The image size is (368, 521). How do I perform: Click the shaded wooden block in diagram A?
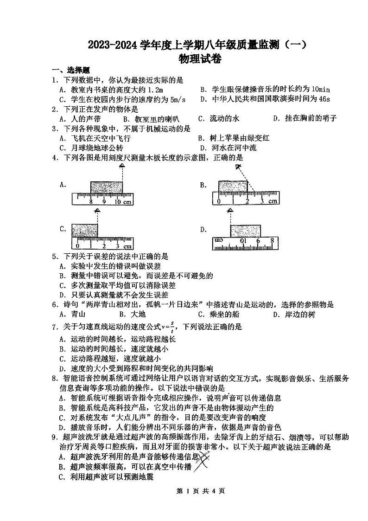pos(107,187)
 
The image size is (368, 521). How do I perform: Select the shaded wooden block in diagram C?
pos(85,231)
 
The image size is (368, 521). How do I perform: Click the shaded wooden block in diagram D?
pos(246,231)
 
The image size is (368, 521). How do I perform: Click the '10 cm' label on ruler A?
pos(122,202)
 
